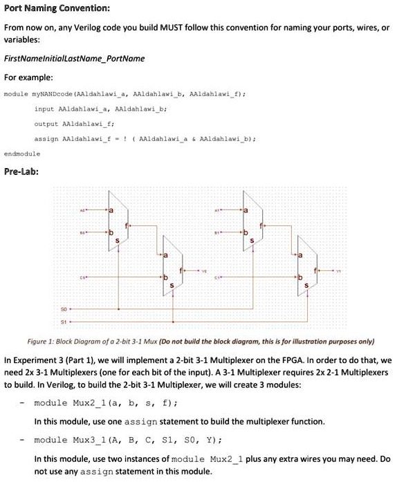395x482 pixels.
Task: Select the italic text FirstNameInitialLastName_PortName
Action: tap(75, 59)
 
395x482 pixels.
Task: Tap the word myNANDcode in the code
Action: tap(47, 92)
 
